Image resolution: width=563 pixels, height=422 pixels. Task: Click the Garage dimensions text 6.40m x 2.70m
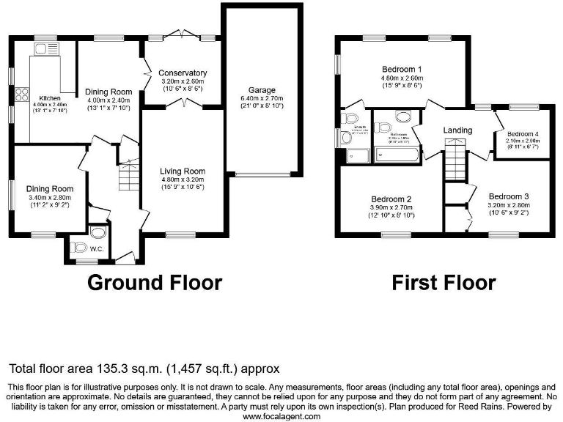coord(262,98)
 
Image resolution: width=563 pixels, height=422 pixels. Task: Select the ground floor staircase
coord(129,177)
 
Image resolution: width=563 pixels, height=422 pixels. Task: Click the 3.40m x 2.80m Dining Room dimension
coord(47,197)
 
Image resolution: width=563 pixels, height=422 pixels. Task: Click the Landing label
coord(457,130)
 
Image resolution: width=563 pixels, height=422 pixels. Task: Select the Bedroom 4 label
coord(523,133)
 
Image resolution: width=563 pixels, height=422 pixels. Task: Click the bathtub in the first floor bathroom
coord(396,154)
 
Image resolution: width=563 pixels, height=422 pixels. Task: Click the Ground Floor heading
coord(155,281)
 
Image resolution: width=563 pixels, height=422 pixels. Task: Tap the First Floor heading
coord(443,281)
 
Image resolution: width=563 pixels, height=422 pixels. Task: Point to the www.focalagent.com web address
coord(281,415)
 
